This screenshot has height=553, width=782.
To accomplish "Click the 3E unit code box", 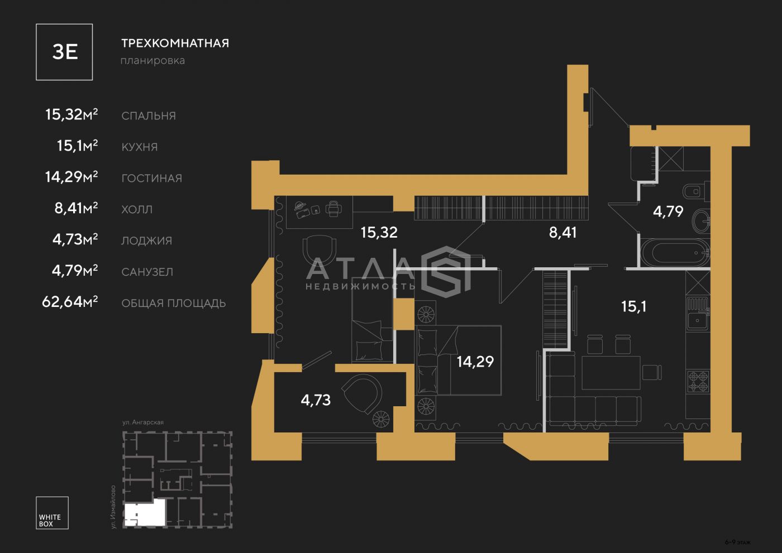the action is pos(64,52).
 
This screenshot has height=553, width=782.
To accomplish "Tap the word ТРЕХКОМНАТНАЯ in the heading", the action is pos(175,43).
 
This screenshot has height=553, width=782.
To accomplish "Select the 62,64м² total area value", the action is pos(70,301).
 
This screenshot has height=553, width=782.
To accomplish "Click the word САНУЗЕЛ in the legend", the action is pos(147,272).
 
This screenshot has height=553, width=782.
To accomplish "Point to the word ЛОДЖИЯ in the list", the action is pos(146,241).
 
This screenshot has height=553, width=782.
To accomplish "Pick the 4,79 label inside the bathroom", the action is pos(668,211).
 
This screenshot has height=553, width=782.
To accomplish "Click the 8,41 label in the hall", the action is pos(563,232).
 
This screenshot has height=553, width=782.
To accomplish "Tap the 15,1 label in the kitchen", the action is pos(633,306).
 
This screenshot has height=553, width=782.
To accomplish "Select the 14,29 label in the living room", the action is pos(475,362).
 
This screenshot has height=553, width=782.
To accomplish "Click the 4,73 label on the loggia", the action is pos(316,400).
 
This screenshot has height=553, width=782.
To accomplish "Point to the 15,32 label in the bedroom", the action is pos(379,232).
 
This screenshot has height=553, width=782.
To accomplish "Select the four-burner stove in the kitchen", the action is pos(698,382).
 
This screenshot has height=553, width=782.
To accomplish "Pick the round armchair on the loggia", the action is pos(363,393).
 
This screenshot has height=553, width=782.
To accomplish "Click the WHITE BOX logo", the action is pos(52,513).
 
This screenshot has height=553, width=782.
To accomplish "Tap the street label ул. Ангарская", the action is pos(143,422).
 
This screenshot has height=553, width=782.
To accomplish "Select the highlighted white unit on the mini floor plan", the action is pos(145,513).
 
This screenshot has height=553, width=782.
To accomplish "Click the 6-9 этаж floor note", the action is pos(738,542).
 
